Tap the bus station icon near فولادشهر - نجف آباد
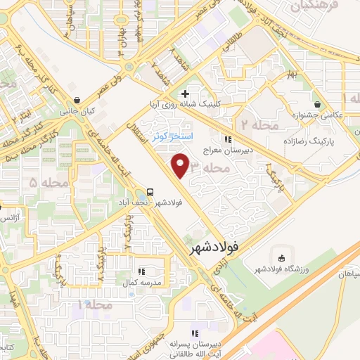tap(150, 192)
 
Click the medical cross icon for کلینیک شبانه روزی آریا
tap(185, 94)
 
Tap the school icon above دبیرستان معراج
tap(228, 139)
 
